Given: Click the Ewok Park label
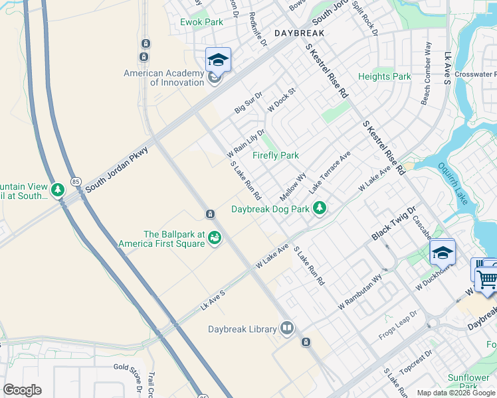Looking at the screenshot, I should tap(201, 22).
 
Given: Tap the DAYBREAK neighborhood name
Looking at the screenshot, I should tap(299, 33).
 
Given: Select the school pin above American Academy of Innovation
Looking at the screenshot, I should tap(218, 60).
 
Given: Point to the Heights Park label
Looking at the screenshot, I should tap(384, 76).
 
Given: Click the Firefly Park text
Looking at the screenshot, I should tap(276, 155).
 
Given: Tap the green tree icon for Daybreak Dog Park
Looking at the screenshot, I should tap(320, 208).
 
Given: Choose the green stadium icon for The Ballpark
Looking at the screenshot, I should tap(215, 237).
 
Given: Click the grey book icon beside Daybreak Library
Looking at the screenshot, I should tap(287, 328).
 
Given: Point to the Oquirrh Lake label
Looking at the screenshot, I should tap(463, 185).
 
